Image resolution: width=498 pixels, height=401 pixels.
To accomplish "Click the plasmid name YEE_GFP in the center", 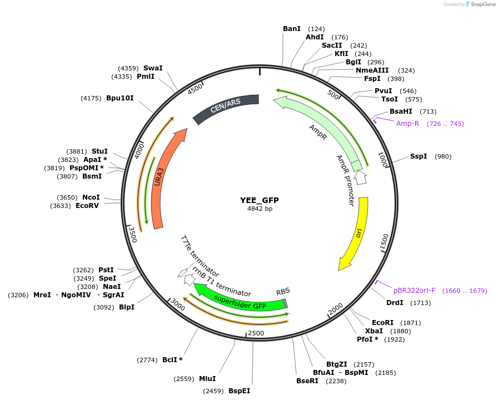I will pos(260,200).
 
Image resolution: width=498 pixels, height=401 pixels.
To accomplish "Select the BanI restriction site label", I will pos(292,28).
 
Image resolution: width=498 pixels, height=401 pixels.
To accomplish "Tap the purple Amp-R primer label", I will pos(407,124).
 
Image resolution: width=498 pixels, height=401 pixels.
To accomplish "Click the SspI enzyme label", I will pos(419,156).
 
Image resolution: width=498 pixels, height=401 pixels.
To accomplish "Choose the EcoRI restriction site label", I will pos(382,322).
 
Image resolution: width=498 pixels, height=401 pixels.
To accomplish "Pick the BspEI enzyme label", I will pos(239,391).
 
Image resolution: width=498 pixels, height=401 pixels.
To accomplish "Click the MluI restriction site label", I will pos(207,379).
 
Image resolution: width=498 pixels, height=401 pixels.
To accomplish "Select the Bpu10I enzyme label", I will pos(120,98).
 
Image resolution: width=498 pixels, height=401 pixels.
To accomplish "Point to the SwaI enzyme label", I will pos(153,68).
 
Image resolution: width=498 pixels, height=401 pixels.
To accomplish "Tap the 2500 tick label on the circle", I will pos(256,333).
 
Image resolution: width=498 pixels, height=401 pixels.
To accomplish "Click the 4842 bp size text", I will pos(260,209).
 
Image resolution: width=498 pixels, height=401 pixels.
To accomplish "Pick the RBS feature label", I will pos(283,291).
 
